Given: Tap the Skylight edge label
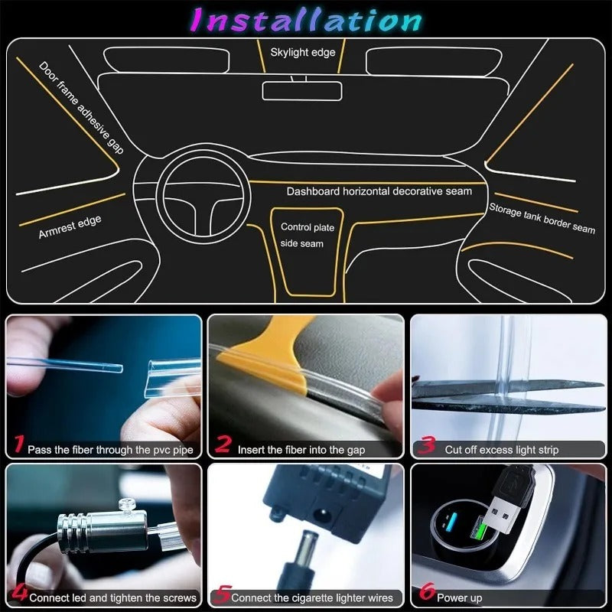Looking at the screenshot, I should coord(303,53).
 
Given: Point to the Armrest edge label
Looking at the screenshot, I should coord(70,227).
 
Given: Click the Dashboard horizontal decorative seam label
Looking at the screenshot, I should coord(379,191).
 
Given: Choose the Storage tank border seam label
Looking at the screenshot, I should coord(542,218).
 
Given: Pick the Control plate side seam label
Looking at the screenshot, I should coord(307,235).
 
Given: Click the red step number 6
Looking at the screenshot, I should coord(426,594).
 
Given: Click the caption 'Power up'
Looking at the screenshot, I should coord(459,597).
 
